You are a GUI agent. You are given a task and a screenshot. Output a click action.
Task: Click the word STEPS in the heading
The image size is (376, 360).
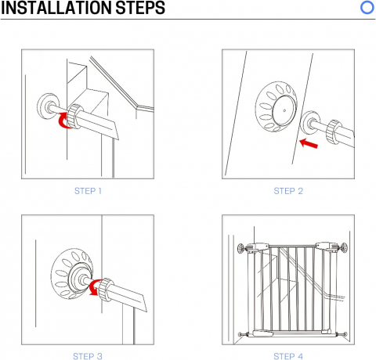click(140, 8)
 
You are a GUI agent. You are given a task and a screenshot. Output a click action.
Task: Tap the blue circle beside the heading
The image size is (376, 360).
click(367, 8)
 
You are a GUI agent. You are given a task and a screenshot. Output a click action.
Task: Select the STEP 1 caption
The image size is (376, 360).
click(88, 191)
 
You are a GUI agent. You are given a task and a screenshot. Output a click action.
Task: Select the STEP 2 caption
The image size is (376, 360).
click(288, 191)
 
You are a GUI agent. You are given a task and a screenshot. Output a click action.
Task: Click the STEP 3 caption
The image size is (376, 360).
click(88, 356)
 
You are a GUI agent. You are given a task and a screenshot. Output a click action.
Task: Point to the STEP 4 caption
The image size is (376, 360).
click(288, 356)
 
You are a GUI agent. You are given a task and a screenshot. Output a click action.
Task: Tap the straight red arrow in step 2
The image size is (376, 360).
click(309, 143)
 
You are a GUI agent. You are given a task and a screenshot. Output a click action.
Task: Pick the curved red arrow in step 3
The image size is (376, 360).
click(93, 288)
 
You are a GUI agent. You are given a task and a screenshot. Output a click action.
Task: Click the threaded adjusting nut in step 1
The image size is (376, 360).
click(75, 117)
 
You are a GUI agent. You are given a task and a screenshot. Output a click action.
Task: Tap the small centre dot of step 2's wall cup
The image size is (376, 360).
click(284, 110)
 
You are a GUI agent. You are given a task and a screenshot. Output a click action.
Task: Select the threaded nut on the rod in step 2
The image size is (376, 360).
click(334, 132)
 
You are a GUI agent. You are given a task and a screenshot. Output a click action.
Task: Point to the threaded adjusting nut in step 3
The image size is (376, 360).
click(107, 290)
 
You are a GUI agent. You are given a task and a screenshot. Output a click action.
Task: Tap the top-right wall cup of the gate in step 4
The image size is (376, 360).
click(344, 247)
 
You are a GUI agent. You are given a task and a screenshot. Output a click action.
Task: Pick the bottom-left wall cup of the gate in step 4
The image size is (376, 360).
click(240, 334)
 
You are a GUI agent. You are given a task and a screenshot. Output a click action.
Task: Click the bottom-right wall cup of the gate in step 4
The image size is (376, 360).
click(345, 334)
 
